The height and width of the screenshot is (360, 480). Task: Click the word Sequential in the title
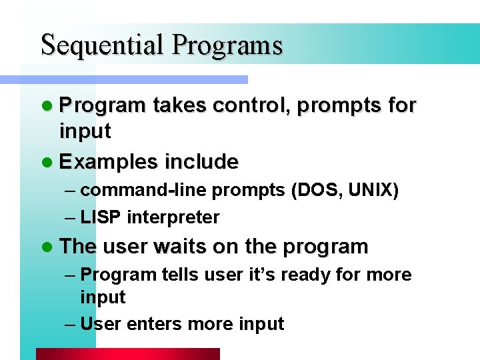coord(103,45)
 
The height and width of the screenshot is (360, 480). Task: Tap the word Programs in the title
coord(227,45)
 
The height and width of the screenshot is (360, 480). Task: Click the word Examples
coord(109,162)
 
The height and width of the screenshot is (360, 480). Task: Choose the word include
coord(201,162)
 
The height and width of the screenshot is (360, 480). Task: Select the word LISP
coord(101,217)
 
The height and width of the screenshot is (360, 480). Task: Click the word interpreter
coord(173,217)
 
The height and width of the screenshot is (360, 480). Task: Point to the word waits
coord(180,247)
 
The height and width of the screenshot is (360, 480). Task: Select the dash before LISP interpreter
coord(71,217)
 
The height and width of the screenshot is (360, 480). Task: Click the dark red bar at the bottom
coord(127,354)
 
